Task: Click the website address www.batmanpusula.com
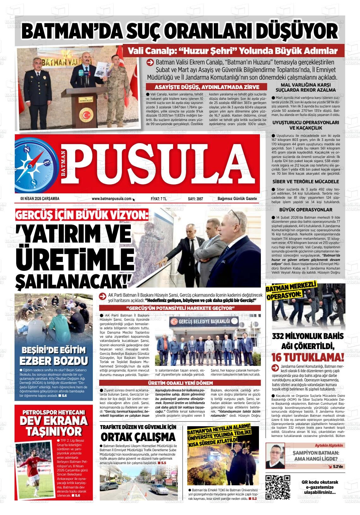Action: (111, 199)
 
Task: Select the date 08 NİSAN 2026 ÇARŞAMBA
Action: (40, 199)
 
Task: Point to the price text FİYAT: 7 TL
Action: (159, 199)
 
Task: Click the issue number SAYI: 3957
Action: (195, 199)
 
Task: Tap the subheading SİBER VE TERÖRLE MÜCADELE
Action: (306, 181)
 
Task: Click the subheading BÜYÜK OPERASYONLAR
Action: (306, 210)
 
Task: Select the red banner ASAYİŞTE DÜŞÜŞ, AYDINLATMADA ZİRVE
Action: (207, 87)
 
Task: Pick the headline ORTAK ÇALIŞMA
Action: (138, 437)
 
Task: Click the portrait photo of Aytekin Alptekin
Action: (275, 456)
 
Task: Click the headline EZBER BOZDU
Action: (54, 361)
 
